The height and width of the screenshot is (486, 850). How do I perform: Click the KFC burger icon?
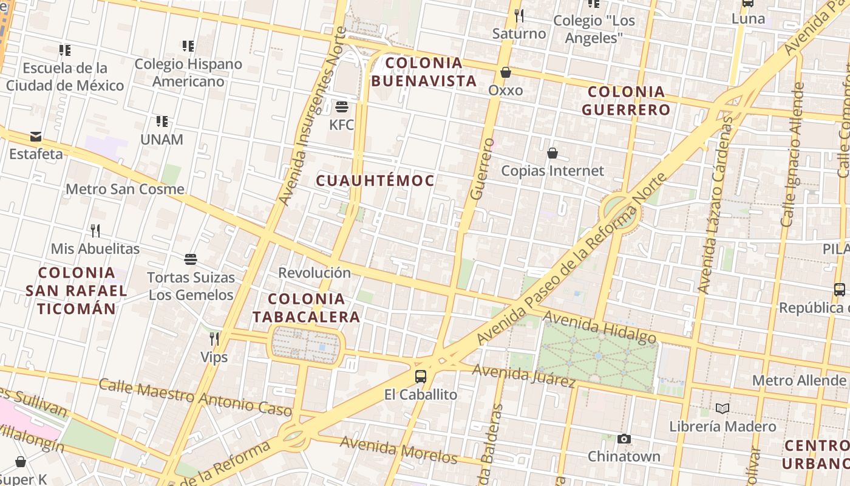tap(341, 108)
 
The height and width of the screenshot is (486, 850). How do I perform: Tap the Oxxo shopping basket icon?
tap(505, 73)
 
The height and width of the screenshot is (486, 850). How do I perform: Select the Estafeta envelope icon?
tap(36, 137)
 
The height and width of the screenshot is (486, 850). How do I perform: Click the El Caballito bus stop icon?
tap(420, 377)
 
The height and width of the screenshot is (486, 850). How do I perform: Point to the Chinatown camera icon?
tap(624, 439)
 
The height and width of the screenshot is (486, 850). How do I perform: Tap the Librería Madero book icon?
tap(722, 408)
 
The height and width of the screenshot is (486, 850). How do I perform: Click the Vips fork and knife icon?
tap(214, 339)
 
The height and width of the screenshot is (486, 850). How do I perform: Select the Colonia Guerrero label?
tap(626, 101)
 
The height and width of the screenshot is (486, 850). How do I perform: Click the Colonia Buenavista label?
tap(424, 72)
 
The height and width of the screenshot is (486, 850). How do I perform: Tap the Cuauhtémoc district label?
tap(375, 180)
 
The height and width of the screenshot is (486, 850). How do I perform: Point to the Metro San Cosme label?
tap(124, 189)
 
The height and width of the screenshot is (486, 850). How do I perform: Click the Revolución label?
tap(314, 273)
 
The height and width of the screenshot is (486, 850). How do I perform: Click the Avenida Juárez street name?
tap(523, 375)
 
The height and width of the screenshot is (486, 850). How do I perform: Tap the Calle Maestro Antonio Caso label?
tap(195, 397)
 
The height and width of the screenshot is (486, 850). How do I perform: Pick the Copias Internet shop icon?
tap(552, 153)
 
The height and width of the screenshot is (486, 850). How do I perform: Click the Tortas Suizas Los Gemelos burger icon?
tap(191, 260)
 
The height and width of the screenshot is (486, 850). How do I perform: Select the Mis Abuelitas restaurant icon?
tap(95, 231)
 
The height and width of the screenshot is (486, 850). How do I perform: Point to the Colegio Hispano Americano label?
tap(188, 72)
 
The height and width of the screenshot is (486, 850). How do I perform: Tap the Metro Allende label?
tap(798, 380)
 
